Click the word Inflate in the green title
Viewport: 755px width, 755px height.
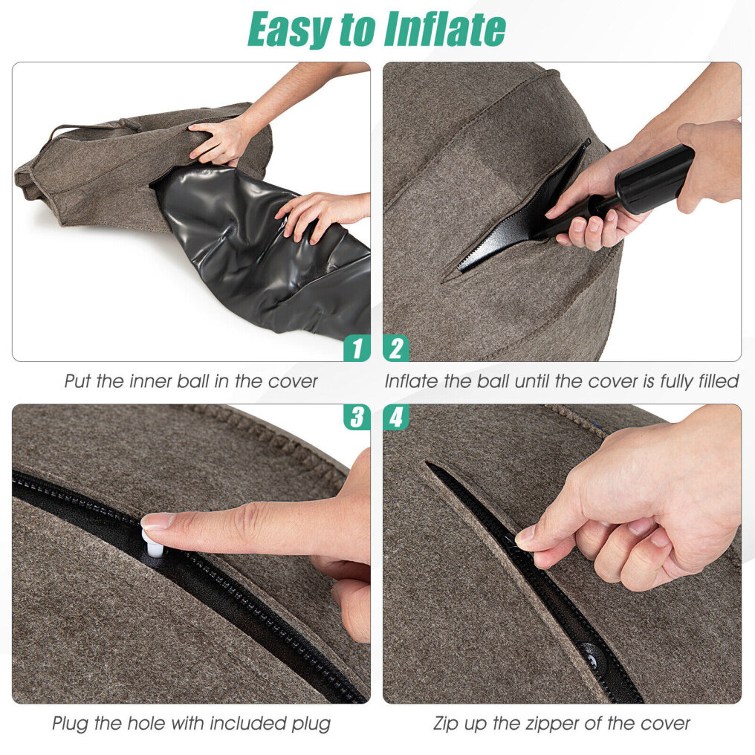pos(444,29)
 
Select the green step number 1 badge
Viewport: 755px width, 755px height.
pos(357,348)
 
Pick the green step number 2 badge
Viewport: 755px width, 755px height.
pos(396,348)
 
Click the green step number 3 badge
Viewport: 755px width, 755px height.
pos(357,417)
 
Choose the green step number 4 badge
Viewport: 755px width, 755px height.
pos(396,417)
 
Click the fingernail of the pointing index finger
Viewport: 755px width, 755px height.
pos(158,520)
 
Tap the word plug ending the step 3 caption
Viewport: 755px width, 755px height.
pos(311,723)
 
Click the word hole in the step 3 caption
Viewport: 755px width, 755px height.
pos(146,723)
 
